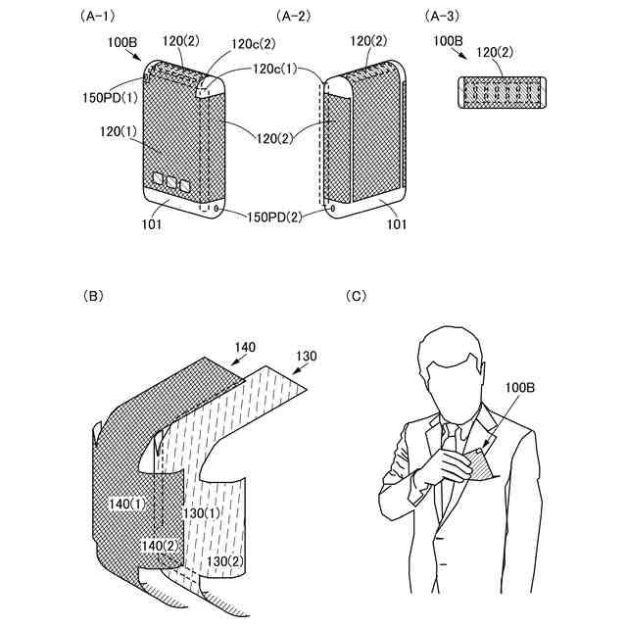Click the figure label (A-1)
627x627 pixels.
tap(111, 17)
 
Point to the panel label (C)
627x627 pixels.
tap(359, 295)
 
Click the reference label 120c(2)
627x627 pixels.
tap(252, 43)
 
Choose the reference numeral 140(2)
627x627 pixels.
tap(160, 545)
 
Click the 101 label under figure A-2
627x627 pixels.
tap(395, 222)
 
